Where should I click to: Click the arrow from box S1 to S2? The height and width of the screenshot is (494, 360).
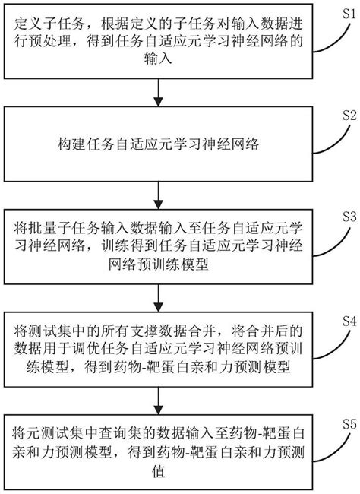point(157,97)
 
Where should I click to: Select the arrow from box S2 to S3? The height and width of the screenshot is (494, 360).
point(157,196)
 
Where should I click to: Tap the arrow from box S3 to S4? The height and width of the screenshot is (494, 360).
point(157,296)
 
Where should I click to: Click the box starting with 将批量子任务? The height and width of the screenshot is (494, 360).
point(157,245)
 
